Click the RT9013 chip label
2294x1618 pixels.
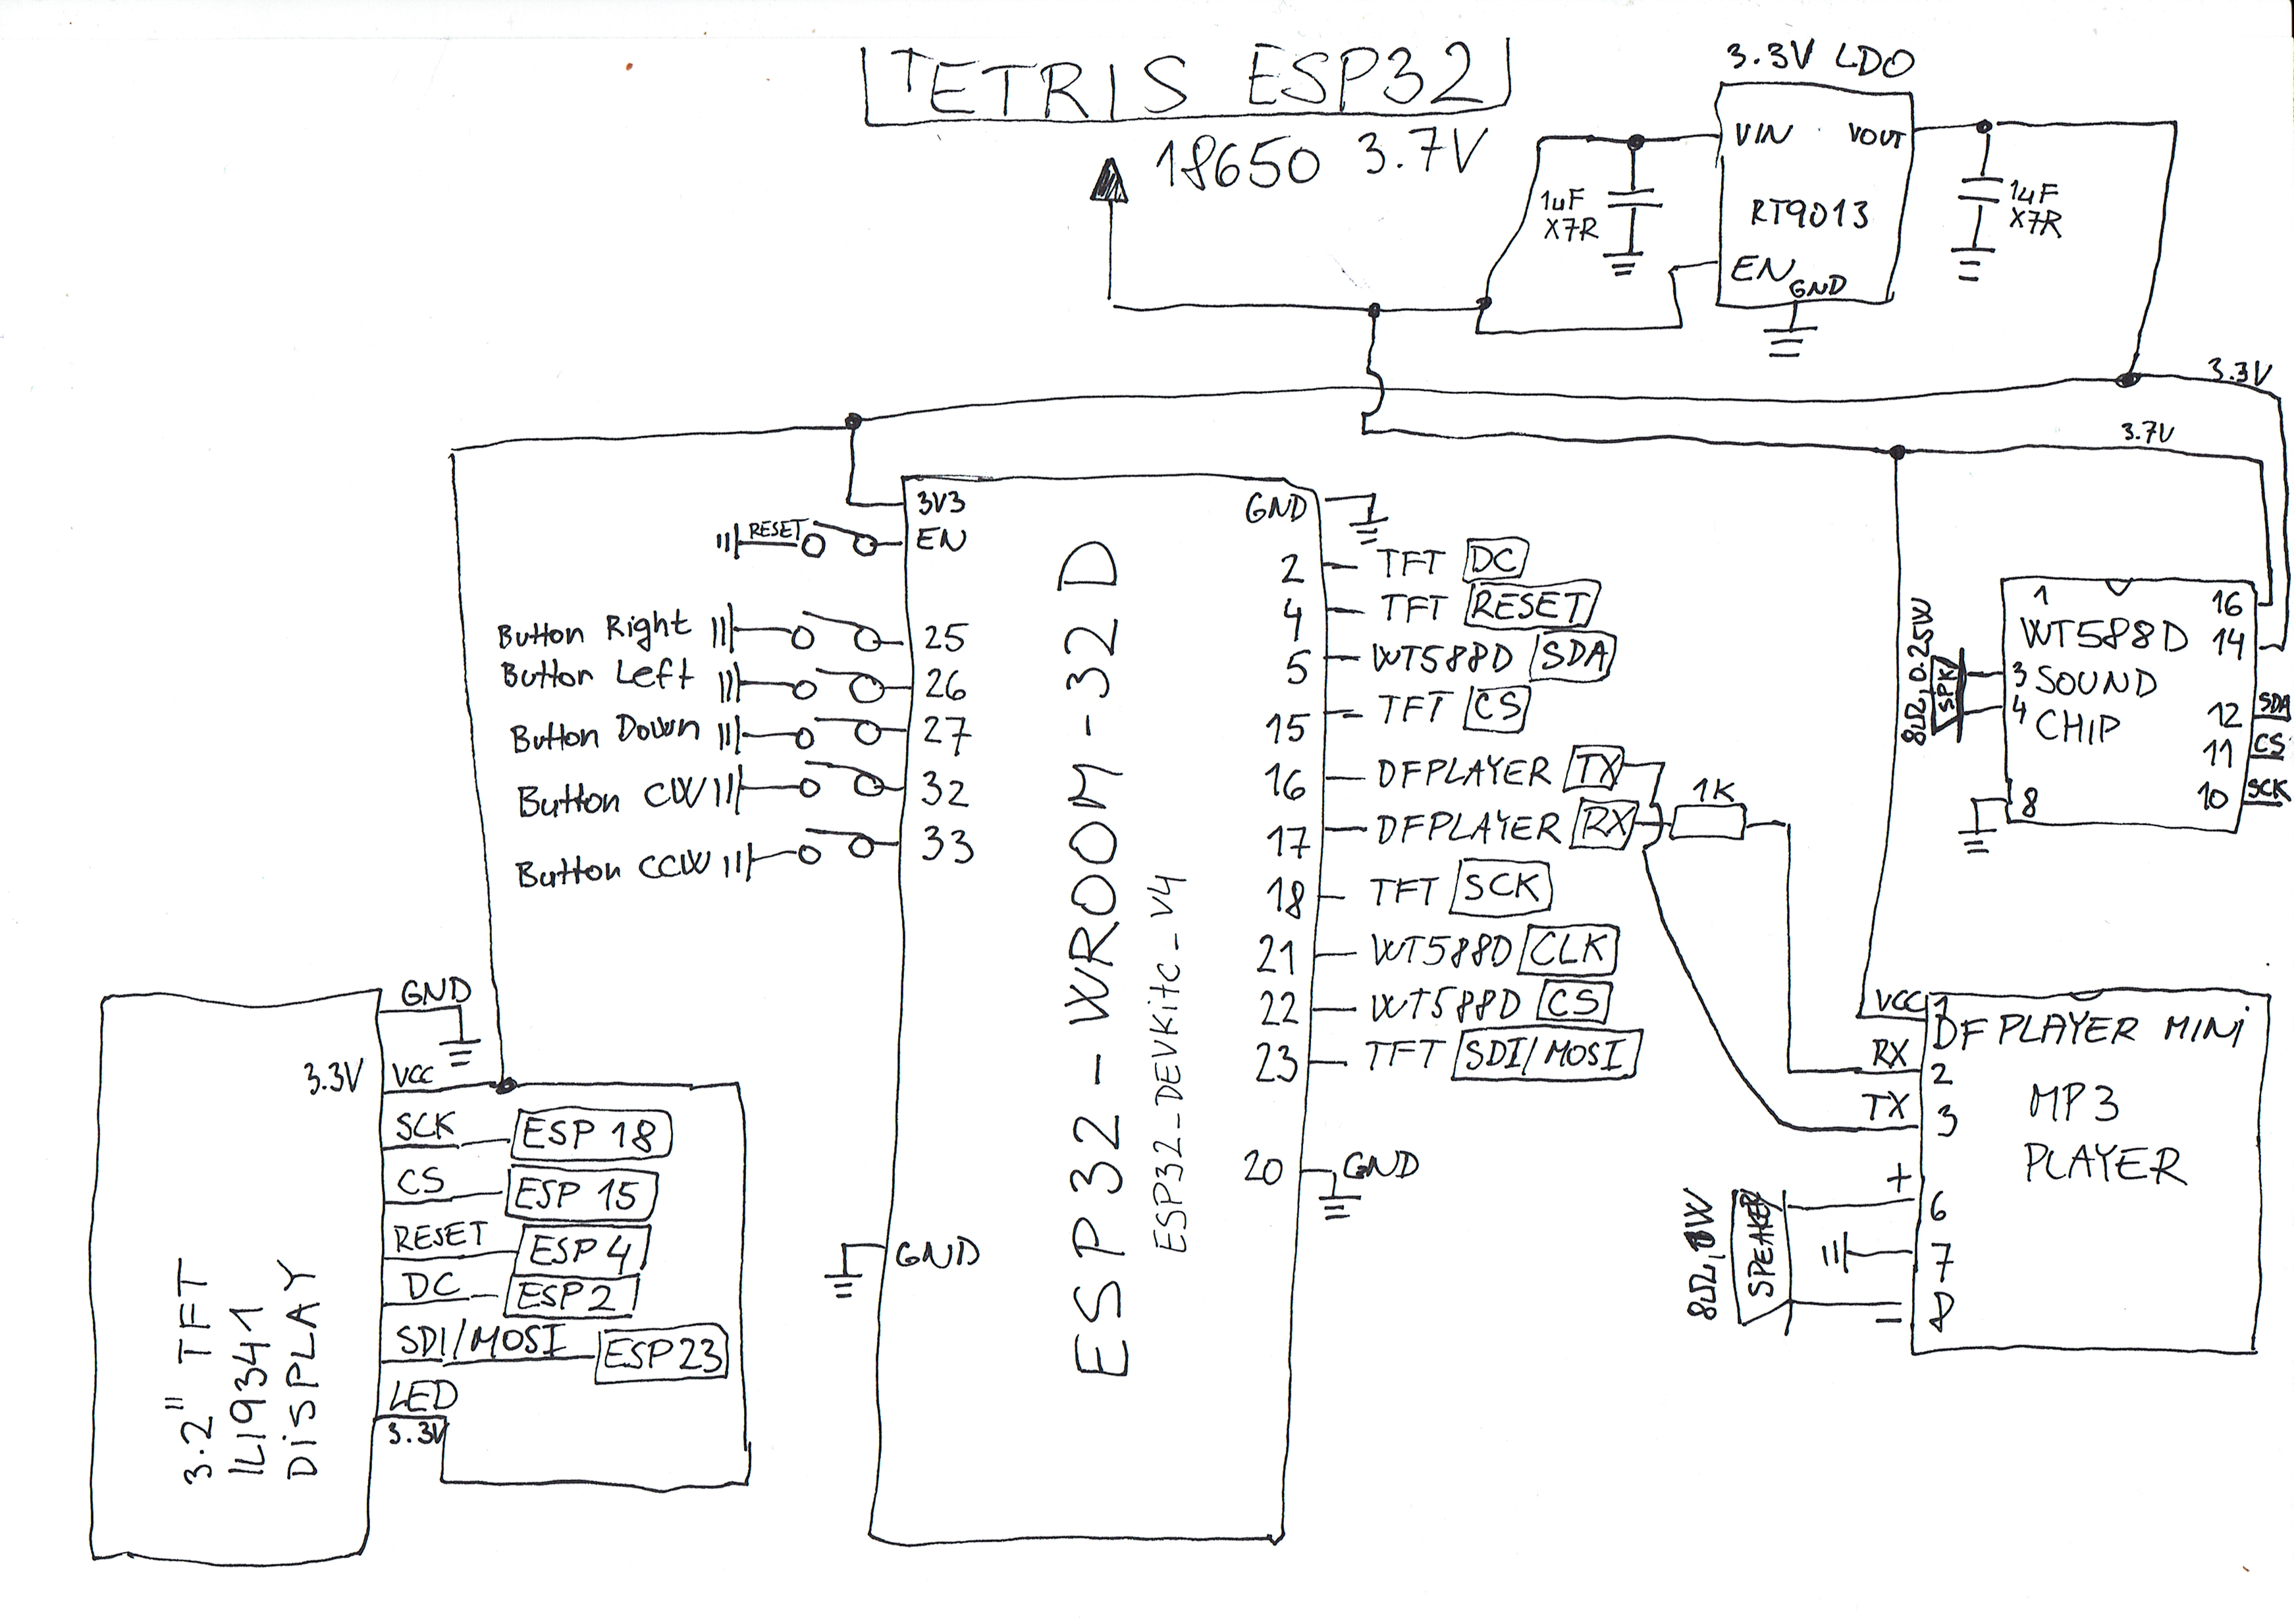(x=1809, y=214)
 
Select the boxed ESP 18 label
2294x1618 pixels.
(x=593, y=1134)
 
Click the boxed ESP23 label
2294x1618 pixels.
(x=662, y=1354)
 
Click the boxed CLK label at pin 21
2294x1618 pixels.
(x=1566, y=949)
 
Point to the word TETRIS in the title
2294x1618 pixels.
(x=1039, y=82)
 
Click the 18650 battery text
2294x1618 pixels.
(x=1239, y=163)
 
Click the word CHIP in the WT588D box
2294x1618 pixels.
(x=2077, y=727)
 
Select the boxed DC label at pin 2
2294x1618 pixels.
(x=1495, y=560)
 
